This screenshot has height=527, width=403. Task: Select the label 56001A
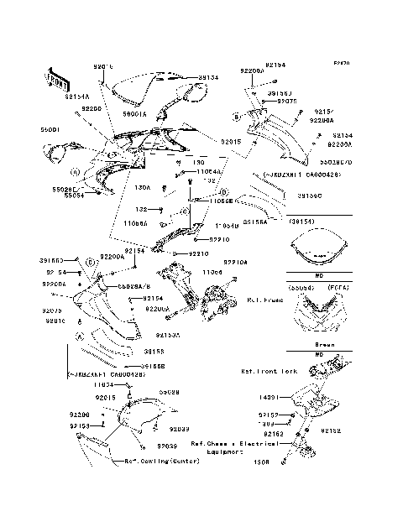click(x=133, y=113)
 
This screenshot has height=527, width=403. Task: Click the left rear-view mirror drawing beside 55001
click(x=61, y=153)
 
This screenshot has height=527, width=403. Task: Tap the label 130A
click(x=144, y=188)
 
